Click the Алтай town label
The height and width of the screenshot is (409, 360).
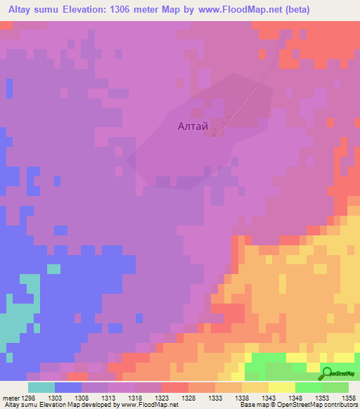click(193, 126)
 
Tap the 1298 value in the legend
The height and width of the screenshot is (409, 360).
click(28, 397)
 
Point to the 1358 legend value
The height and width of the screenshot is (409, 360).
click(349, 397)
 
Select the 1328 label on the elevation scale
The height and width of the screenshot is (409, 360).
click(188, 397)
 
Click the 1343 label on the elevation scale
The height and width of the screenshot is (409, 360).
click(269, 397)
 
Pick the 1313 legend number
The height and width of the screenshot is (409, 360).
click(108, 397)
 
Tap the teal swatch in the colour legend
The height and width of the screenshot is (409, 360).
click(41, 387)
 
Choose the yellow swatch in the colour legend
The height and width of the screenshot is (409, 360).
click(281, 387)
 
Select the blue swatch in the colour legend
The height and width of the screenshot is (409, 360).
click(68, 387)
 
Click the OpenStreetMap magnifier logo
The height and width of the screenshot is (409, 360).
click(328, 375)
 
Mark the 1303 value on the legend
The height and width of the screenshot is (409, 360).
click(55, 397)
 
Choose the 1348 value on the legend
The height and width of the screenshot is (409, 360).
click(295, 397)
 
